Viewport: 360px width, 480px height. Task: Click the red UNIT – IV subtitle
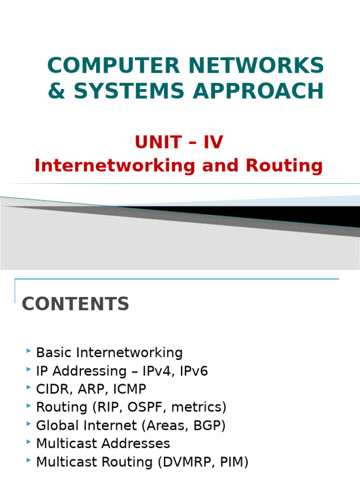pos(179,142)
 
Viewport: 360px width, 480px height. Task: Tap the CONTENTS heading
pos(75,304)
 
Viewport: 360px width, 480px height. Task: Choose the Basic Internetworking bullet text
pos(109,352)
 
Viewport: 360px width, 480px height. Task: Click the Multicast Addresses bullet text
pos(103,443)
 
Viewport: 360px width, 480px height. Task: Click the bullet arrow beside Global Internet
pos(29,424)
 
